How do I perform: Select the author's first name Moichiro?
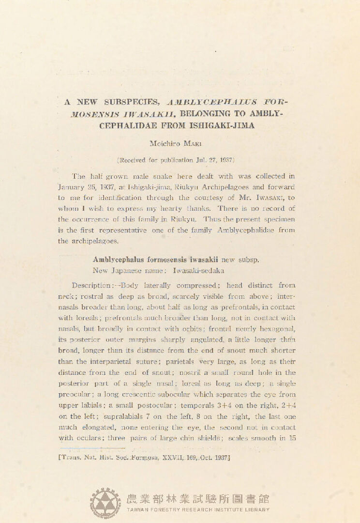click(x=164, y=144)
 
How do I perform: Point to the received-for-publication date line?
click(x=177, y=159)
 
